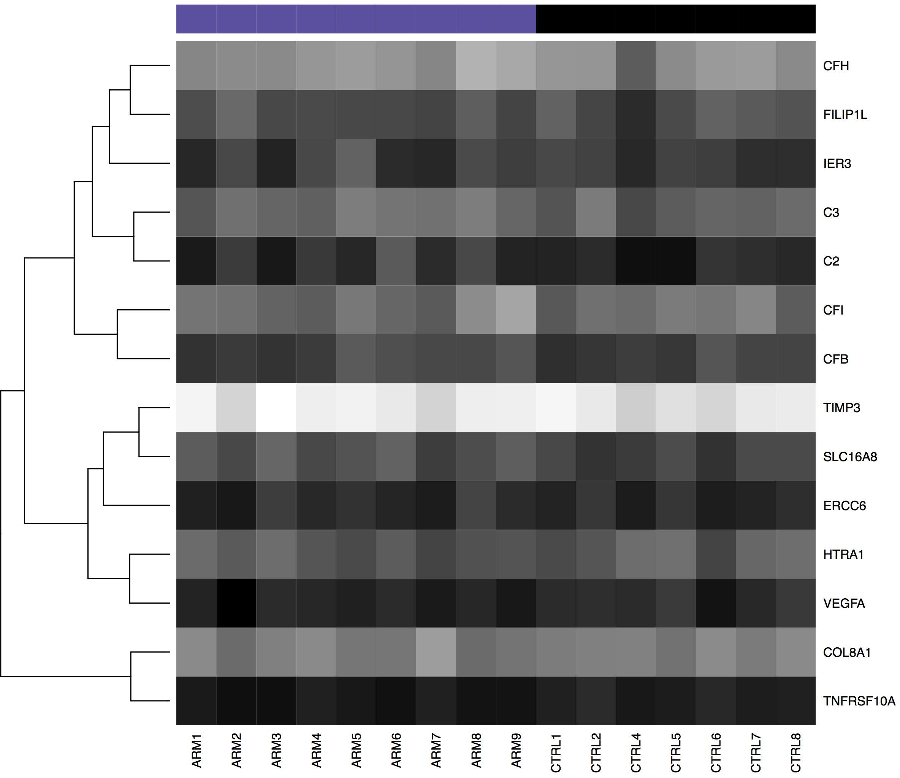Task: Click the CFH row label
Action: click(x=836, y=66)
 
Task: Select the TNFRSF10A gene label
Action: click(x=859, y=701)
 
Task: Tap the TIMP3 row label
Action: click(x=841, y=408)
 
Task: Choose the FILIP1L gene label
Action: click(x=845, y=115)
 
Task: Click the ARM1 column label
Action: click(x=196, y=751)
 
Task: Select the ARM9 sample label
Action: click(x=516, y=751)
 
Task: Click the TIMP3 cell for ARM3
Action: click(x=276, y=408)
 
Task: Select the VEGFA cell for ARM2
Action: click(x=236, y=603)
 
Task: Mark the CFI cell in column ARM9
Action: click(x=516, y=310)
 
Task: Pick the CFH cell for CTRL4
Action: click(x=636, y=66)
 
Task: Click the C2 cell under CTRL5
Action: click(x=676, y=261)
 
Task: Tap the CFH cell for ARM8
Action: click(x=476, y=66)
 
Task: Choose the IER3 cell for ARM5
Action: click(x=356, y=163)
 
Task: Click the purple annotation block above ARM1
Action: click(x=196, y=19)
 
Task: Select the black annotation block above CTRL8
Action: click(x=796, y=19)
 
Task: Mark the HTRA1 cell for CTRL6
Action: click(x=716, y=554)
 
